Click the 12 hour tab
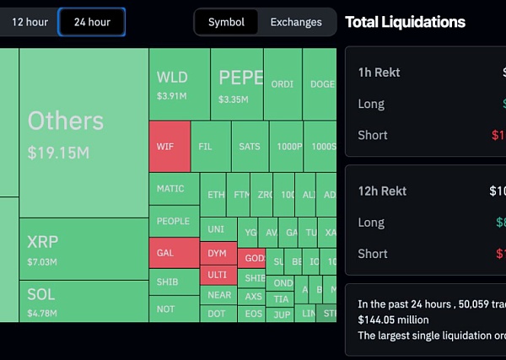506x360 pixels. point(30,22)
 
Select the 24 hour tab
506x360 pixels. point(92,22)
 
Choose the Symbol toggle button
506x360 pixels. point(226,22)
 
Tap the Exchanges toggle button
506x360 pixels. point(296,22)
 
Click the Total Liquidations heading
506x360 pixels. point(405,22)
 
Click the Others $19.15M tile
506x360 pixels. point(83,133)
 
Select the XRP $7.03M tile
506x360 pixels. point(83,249)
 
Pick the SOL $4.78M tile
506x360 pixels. point(83,301)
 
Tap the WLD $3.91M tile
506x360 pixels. point(179,84)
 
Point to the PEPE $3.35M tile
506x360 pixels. point(236,84)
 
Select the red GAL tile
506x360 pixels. point(174,252)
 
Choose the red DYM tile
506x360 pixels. point(218,253)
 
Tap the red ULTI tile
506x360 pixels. point(218,275)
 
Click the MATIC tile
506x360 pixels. point(174,189)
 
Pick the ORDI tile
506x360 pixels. point(283,84)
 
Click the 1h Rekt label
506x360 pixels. point(379,73)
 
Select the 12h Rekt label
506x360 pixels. point(382,191)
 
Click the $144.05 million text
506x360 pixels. point(393,320)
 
